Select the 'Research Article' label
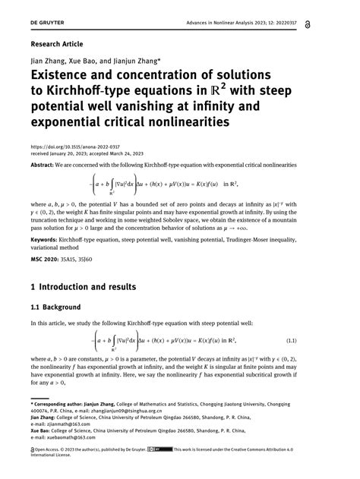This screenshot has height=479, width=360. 56,45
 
